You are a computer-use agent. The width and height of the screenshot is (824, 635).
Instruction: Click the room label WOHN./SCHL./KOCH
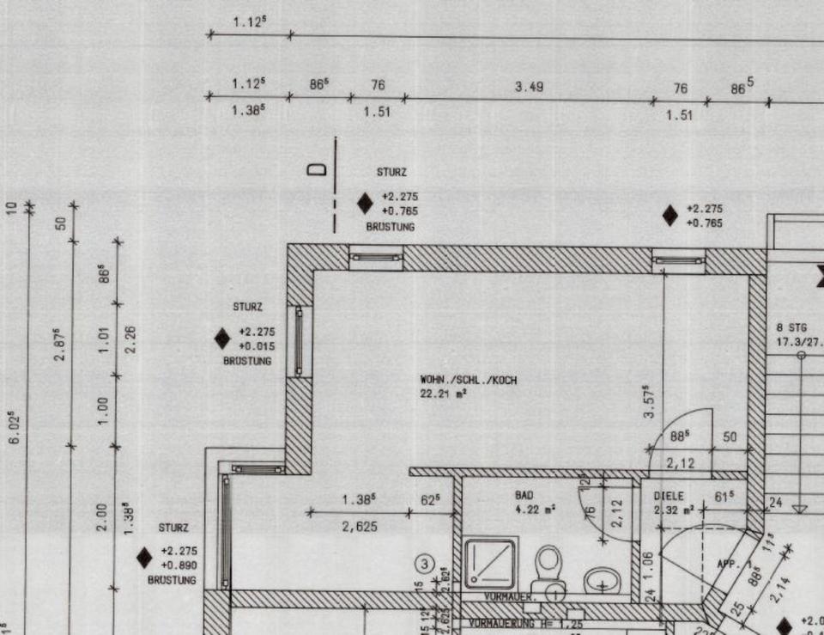468,379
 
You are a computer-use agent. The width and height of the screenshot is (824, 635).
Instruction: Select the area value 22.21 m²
443,394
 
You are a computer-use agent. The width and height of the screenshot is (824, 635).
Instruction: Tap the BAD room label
524,496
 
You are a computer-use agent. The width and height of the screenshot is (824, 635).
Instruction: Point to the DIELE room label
668,496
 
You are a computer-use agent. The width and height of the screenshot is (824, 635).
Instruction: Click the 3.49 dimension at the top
529,87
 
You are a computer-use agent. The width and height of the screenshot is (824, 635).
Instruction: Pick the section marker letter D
318,169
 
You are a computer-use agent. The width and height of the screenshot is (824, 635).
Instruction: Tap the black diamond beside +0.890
144,558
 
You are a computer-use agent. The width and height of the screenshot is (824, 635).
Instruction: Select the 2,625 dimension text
359,527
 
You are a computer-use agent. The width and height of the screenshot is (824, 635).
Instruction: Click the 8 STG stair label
791,327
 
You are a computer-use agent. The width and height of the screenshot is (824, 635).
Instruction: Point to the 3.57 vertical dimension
652,401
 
